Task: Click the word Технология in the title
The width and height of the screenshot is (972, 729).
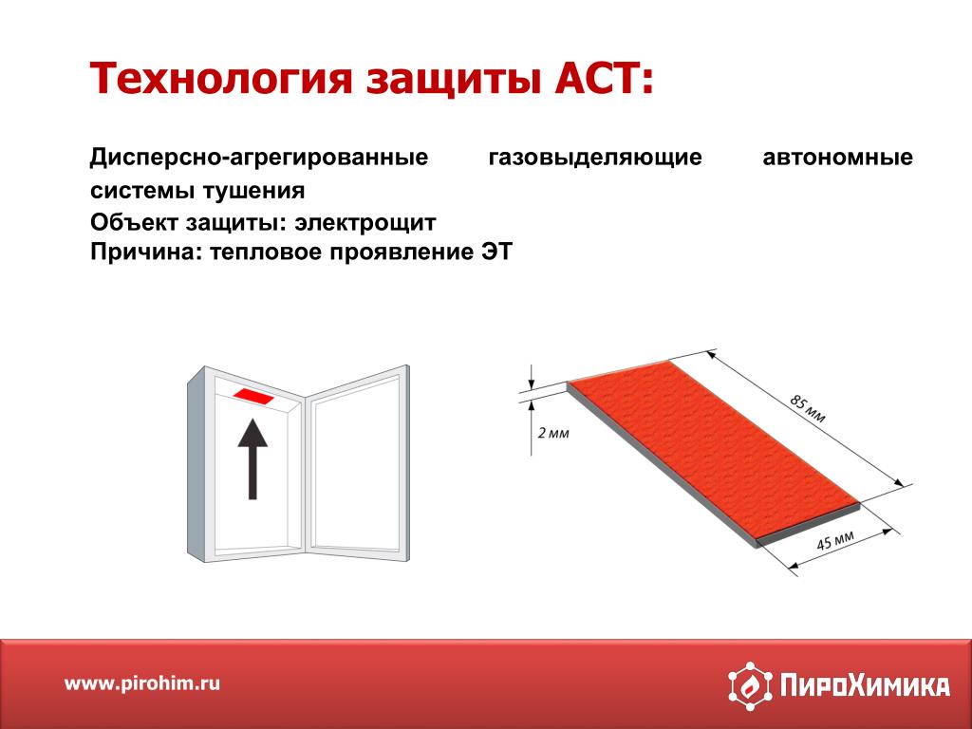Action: tap(221, 79)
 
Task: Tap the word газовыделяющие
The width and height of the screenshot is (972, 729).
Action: tap(595, 158)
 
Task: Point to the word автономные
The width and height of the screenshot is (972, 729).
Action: tap(837, 157)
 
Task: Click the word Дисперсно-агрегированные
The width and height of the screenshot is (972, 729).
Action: tap(259, 158)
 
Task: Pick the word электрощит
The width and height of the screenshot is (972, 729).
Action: tap(365, 222)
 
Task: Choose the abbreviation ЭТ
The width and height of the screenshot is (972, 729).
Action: tap(496, 252)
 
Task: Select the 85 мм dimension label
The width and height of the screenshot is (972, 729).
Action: tap(807, 408)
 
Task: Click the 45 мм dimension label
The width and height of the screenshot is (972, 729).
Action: tap(835, 540)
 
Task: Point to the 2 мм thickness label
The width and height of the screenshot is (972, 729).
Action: tap(553, 432)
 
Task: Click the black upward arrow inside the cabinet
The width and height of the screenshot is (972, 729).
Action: tap(252, 458)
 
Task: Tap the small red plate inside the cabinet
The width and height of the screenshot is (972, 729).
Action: tap(252, 396)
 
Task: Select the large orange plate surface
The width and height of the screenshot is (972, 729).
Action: tap(713, 448)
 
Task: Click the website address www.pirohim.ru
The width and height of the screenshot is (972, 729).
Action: tap(142, 683)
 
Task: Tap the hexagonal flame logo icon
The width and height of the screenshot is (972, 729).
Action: tap(750, 685)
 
